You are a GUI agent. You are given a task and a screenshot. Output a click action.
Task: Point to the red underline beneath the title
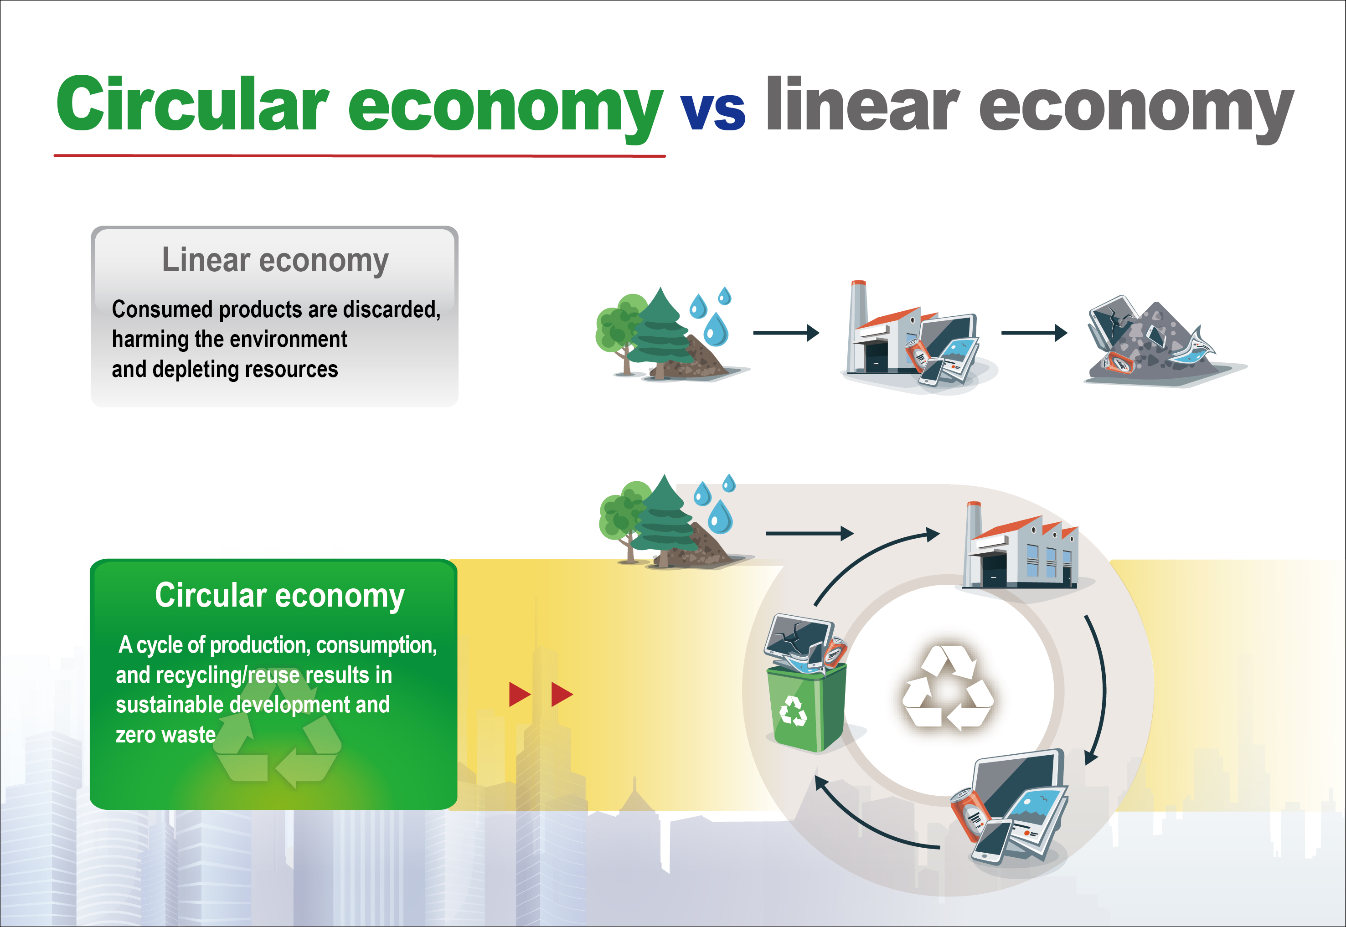click(x=360, y=156)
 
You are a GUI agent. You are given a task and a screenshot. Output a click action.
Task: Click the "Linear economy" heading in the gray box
click(x=275, y=260)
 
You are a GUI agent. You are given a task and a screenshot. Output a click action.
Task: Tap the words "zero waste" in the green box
click(x=165, y=735)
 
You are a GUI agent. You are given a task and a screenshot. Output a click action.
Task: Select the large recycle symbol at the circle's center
click(x=948, y=688)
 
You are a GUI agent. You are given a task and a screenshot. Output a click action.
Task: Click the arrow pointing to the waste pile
click(x=1034, y=333)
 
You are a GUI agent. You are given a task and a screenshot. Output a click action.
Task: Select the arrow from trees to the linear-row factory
click(x=786, y=333)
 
